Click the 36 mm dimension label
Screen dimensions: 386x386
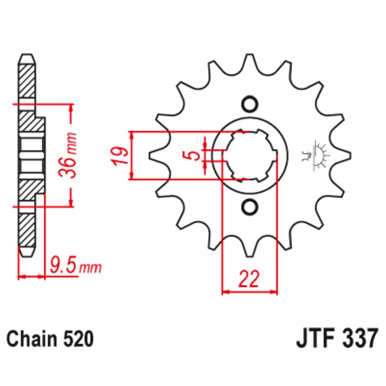[x=67, y=155]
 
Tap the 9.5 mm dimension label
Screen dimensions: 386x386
[x=76, y=266]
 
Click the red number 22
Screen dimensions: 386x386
[x=249, y=279]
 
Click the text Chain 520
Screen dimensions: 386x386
[x=50, y=339]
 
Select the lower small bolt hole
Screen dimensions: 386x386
[x=250, y=207]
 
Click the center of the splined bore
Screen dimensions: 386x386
[x=250, y=156]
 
